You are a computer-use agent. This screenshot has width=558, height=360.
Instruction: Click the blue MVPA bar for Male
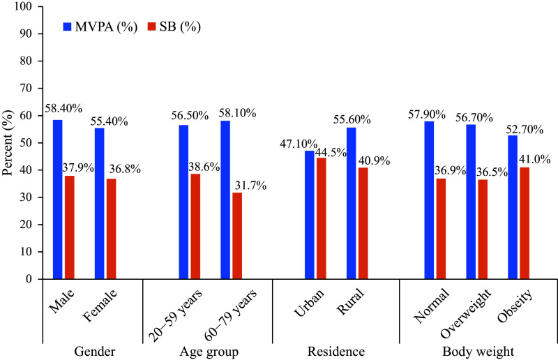pos(58,200)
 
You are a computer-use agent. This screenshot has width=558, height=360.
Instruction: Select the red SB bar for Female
pos(111,229)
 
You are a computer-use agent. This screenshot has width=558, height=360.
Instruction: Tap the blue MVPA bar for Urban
pos(310,215)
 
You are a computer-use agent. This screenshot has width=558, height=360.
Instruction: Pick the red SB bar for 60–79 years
pos(237,236)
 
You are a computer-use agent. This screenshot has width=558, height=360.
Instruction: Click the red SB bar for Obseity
pos(525,223)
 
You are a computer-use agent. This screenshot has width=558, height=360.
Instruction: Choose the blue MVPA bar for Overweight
pos(471,202)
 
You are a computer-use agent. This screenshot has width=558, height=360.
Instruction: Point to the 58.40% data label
pos(63,108)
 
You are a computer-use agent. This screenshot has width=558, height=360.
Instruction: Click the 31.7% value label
pos(250,186)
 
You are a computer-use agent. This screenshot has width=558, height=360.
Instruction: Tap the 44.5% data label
pos(331,153)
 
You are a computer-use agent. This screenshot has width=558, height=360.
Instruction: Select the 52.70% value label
pos(525,129)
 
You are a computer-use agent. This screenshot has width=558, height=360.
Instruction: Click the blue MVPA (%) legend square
pos(67,27)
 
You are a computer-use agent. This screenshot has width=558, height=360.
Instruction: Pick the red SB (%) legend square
pos(151,27)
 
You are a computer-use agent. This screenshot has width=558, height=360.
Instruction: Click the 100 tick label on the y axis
pos(24,6)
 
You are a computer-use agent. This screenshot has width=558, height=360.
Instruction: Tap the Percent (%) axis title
pos(7,142)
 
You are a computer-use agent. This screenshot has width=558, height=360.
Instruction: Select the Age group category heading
pos(209,352)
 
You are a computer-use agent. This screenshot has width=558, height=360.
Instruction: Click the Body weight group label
pos(478,352)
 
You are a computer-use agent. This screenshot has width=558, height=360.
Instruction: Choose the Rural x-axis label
pos(351,301)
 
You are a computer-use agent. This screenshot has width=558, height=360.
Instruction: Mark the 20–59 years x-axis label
pos(176,315)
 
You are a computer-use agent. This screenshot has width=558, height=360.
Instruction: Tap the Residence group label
pos(336,352)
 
